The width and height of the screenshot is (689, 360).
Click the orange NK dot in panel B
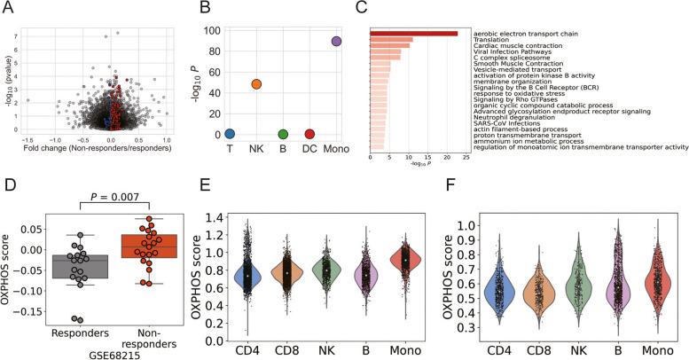pyautogui.click(x=256, y=84)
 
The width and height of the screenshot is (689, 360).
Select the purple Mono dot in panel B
pyautogui.click(x=336, y=41)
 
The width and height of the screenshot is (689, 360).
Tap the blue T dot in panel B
pyautogui.click(x=230, y=134)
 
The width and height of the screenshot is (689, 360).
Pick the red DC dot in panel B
pyautogui.click(x=309, y=134)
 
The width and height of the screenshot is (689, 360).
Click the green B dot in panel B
pyautogui.click(x=283, y=134)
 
